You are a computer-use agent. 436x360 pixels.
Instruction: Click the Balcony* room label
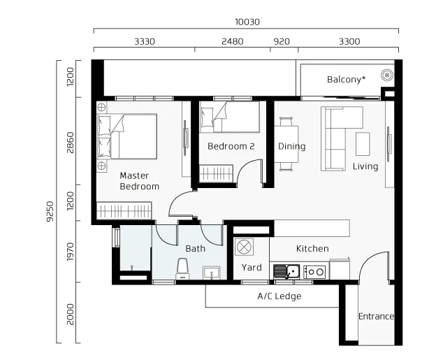pyautogui.click(x=346, y=80)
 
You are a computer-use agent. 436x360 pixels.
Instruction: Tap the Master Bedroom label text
pyautogui.click(x=139, y=181)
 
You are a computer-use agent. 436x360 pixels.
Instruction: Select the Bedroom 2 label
pyautogui.click(x=231, y=146)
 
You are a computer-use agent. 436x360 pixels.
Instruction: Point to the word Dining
pyautogui.click(x=291, y=146)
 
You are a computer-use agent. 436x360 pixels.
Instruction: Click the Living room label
pyautogui.click(x=365, y=166)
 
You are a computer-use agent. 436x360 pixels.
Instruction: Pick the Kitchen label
pyautogui.click(x=312, y=248)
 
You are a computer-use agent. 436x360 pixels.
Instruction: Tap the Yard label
pyautogui.click(x=252, y=267)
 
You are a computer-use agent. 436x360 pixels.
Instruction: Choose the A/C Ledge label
pyautogui.click(x=279, y=296)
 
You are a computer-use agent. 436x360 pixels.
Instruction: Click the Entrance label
pyautogui.click(x=376, y=317)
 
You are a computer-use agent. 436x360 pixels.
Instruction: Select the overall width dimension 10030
pyautogui.click(x=247, y=22)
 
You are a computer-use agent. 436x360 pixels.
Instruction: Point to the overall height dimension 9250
pyautogui.click(x=50, y=211)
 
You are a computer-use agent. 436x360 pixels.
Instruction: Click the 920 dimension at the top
pyautogui.click(x=282, y=42)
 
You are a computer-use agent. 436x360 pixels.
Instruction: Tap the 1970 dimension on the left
pyautogui.click(x=71, y=252)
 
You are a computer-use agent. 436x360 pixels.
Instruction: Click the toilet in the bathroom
pyautogui.click(x=182, y=268)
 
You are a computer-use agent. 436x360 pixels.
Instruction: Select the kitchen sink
pyautogui.click(x=286, y=271)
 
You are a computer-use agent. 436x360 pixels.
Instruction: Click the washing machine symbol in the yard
pyautogui.click(x=244, y=247)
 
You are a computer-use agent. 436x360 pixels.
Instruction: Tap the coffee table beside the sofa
pyautogui.click(x=363, y=144)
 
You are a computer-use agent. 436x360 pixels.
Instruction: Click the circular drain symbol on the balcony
pyautogui.click(x=387, y=75)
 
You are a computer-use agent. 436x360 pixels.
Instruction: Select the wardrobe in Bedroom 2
pyautogui.click(x=216, y=173)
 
